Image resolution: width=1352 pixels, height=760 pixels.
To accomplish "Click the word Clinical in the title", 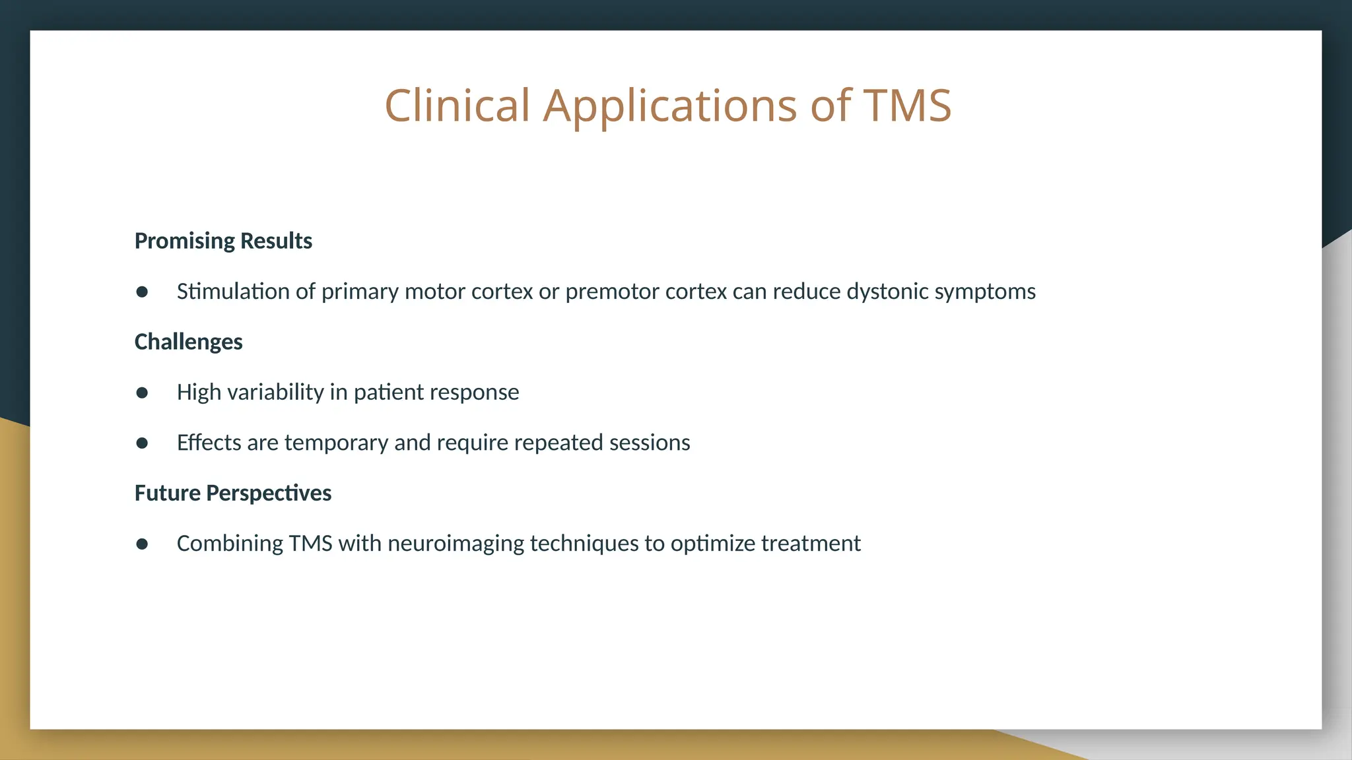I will point(457,106).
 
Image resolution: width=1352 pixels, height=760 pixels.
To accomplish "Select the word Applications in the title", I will point(669,106).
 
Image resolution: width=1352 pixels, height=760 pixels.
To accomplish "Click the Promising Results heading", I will point(223,241).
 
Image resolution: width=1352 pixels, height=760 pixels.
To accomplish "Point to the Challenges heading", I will point(188,342).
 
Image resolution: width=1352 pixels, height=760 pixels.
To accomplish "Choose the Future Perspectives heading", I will point(232,493).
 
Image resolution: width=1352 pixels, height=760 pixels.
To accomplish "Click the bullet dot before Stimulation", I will point(142,292).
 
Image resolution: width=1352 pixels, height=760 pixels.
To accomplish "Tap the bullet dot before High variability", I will point(142,393).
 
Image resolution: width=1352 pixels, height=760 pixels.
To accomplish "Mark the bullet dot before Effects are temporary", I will point(142,443).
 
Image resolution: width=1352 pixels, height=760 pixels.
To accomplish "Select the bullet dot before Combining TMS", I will point(142,544).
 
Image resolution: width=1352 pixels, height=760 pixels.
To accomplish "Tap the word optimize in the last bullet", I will point(712,544).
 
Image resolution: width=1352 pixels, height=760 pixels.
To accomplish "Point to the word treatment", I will point(811,544).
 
